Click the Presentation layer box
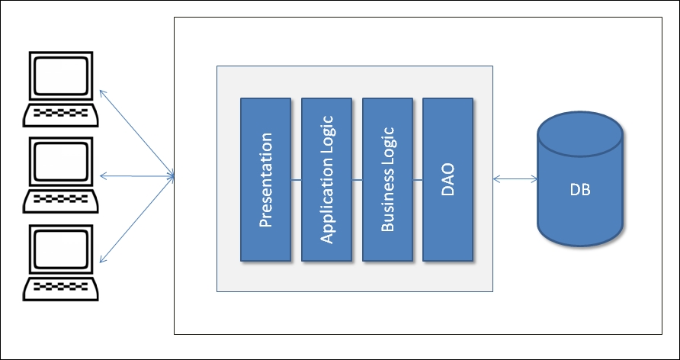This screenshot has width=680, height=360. (x=265, y=179)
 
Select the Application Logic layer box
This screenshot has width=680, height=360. (x=326, y=179)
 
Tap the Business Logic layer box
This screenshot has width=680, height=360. (x=387, y=179)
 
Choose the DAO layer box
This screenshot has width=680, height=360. (x=447, y=179)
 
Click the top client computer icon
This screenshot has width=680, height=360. (x=61, y=88)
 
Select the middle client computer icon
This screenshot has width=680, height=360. (x=61, y=174)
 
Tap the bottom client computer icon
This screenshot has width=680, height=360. (x=61, y=261)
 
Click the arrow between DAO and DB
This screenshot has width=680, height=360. (x=515, y=179)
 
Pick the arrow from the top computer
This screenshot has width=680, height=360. (x=137, y=134)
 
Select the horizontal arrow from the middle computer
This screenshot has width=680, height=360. (x=137, y=177)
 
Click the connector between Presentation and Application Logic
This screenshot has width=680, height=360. (x=296, y=179)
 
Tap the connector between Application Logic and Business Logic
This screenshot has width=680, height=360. (x=357, y=179)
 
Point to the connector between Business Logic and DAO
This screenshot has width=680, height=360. (x=417, y=179)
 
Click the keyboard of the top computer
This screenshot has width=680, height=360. (x=61, y=114)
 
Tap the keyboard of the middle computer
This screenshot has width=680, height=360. (x=61, y=201)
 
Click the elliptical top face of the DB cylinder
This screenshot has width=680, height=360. (x=580, y=131)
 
